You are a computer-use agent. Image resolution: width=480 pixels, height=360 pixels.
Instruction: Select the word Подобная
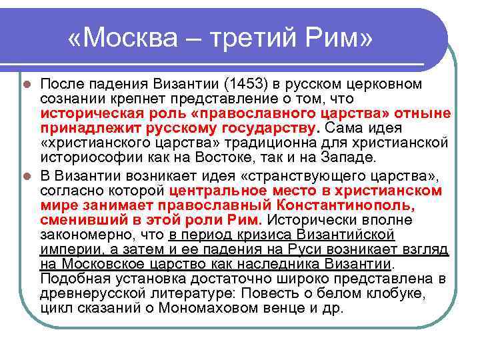point(71,278)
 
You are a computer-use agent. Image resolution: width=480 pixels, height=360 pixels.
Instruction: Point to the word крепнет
point(123,99)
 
